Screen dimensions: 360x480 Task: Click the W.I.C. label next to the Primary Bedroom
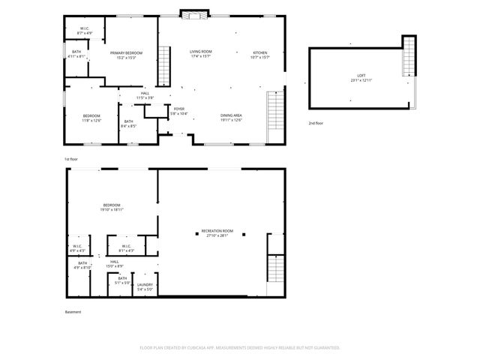[84, 31]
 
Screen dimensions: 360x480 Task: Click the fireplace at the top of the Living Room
[195, 13]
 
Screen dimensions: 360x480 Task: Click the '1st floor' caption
[70, 160]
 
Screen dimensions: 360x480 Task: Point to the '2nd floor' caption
[316, 122]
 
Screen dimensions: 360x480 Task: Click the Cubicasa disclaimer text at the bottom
[240, 347]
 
